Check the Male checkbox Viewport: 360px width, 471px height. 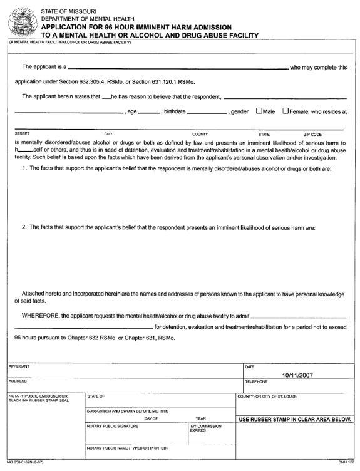pyautogui.click(x=259, y=111)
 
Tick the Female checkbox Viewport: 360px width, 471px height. pyautogui.click(x=285, y=111)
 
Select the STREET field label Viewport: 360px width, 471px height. pyautogui.click(x=22, y=134)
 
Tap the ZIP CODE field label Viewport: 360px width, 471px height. pyautogui.click(x=313, y=134)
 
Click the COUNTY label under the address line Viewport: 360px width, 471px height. pyautogui.click(x=200, y=134)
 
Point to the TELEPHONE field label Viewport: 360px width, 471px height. pyautogui.click(x=256, y=381)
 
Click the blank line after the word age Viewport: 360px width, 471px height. pyautogui.click(x=148, y=113)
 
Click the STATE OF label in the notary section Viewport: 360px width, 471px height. pyautogui.click(x=96, y=396)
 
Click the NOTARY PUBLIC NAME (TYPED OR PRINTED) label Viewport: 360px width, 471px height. pyautogui.click(x=128, y=448)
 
